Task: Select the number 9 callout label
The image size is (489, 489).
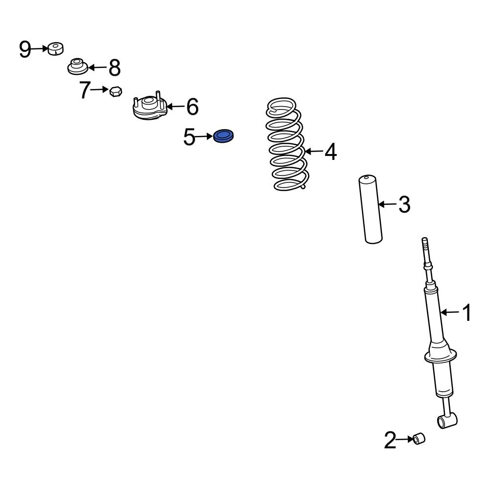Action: coord(25,49)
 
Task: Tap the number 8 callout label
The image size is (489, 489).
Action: coord(114,67)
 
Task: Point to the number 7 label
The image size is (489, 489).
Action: coord(85,90)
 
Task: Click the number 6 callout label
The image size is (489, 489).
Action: coord(192,107)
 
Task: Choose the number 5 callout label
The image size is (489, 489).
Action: coord(189,137)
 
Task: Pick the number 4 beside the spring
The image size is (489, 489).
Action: coord(331,152)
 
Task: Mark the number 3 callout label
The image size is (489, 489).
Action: coord(404,204)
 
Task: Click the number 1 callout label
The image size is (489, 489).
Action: coord(467,312)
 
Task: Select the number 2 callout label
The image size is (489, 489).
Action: coord(390,440)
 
